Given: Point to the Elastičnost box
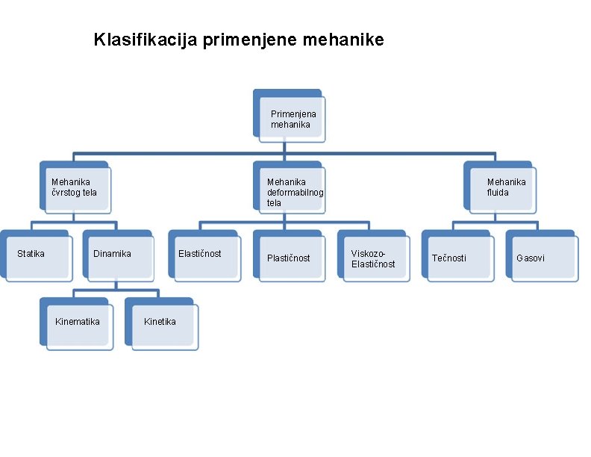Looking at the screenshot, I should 204,256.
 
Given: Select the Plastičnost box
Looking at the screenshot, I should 289,257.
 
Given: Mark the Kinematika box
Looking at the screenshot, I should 78,323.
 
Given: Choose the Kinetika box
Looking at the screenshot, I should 162,323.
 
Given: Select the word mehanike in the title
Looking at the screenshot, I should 344,40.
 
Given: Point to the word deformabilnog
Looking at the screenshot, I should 295,192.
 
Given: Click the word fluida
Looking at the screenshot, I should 498,192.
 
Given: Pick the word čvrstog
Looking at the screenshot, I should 66,192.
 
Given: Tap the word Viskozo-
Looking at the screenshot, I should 369,253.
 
